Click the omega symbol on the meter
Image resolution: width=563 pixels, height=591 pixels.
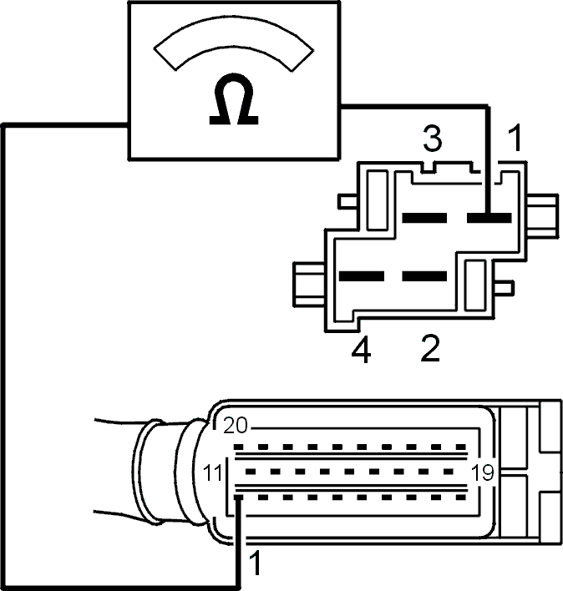pos(234,98)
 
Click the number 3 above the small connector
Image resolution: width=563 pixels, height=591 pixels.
pos(432,139)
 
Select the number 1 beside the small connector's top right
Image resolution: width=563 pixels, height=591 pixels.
pos(515,139)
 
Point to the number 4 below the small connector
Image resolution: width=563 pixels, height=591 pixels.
pos(361,350)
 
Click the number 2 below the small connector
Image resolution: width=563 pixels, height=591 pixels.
pos(430,348)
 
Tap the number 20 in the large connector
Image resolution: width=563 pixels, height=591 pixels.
pos(236,426)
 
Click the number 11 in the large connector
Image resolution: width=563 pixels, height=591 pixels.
pos(212,472)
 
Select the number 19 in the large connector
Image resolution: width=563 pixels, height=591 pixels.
pos(483,472)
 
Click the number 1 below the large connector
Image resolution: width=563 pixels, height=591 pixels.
pos(256,563)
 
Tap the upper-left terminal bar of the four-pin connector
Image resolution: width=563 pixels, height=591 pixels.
pos(424,218)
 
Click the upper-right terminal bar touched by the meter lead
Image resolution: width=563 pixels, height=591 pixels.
pos(489,218)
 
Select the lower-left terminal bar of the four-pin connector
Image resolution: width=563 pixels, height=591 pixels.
pos(362,276)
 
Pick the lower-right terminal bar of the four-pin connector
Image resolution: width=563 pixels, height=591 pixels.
pos(424,276)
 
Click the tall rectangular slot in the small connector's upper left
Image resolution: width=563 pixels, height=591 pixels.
pos(377,200)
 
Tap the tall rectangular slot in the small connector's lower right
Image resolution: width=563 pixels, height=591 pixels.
pos(475,285)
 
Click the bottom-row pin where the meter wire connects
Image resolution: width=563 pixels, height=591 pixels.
pos(238,498)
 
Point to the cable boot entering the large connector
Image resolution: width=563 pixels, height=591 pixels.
pos(170,471)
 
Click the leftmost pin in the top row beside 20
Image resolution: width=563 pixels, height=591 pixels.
pos(238,447)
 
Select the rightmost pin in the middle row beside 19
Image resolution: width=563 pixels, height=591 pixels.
pos(449,472)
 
